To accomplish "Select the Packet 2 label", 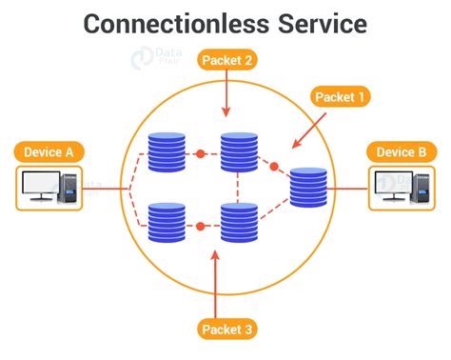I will [x=226, y=60].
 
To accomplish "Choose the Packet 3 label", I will [x=226, y=330].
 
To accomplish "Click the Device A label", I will [x=49, y=151].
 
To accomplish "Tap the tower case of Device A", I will [x=71, y=188].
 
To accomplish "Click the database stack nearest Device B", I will [x=308, y=188].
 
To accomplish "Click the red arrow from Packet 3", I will [x=217, y=281].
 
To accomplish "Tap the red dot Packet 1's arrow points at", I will [x=275, y=167].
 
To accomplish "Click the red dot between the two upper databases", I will [x=201, y=153].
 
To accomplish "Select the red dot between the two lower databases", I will [x=201, y=226].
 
